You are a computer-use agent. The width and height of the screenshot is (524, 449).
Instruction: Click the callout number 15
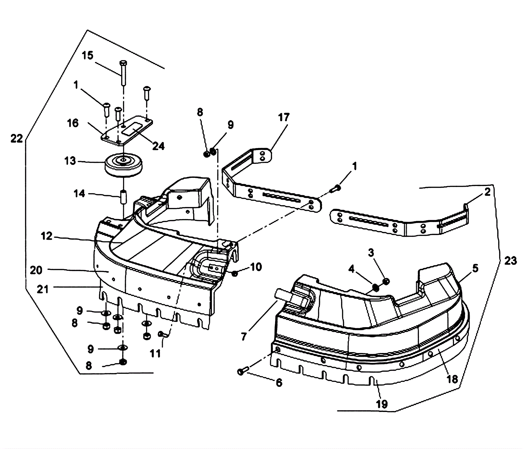pyautogui.click(x=87, y=56)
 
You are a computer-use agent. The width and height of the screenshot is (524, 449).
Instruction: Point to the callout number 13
pyautogui.click(x=70, y=161)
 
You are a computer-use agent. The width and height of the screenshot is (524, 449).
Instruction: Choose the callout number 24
pyautogui.click(x=159, y=146)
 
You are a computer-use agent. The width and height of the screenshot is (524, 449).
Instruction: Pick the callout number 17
pyautogui.click(x=284, y=117)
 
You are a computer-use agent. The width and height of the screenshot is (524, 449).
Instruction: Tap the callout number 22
pyautogui.click(x=17, y=139)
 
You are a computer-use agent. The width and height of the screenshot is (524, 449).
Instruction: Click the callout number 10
pyautogui.click(x=256, y=267)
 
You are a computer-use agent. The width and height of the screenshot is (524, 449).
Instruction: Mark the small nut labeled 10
pyautogui.click(x=234, y=273)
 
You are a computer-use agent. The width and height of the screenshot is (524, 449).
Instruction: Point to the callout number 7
pyautogui.click(x=243, y=336)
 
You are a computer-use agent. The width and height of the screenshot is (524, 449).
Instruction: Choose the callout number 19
pyautogui.click(x=382, y=404)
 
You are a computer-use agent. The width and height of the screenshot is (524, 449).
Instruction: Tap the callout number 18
pyautogui.click(x=452, y=379)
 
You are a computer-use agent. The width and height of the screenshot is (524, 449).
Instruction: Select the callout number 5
pyautogui.click(x=475, y=268)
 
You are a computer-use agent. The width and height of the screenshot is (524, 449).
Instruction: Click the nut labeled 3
pyautogui.click(x=386, y=281)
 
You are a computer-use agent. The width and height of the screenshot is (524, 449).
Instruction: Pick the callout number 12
pyautogui.click(x=47, y=236)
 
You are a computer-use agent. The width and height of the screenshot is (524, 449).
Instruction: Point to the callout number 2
pyautogui.click(x=487, y=192)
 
